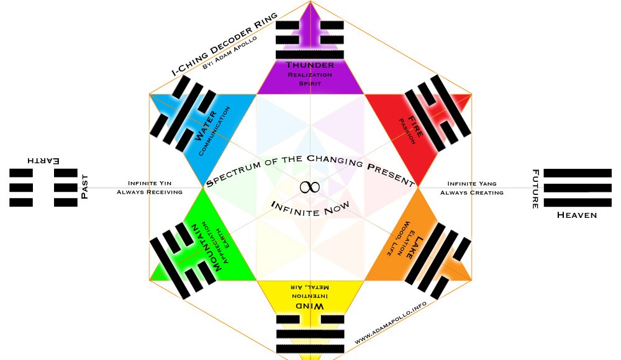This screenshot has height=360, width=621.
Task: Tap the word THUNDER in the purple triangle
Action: [x=310, y=65]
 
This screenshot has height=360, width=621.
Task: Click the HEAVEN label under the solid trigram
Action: [x=577, y=215]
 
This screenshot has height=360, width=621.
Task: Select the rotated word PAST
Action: [x=85, y=187]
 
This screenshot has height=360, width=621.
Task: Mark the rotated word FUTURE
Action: [x=535, y=189]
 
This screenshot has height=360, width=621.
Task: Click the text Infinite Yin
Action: [x=149, y=183]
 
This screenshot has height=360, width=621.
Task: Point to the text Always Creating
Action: [x=471, y=192]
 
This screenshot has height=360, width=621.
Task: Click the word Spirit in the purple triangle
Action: [x=310, y=83]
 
